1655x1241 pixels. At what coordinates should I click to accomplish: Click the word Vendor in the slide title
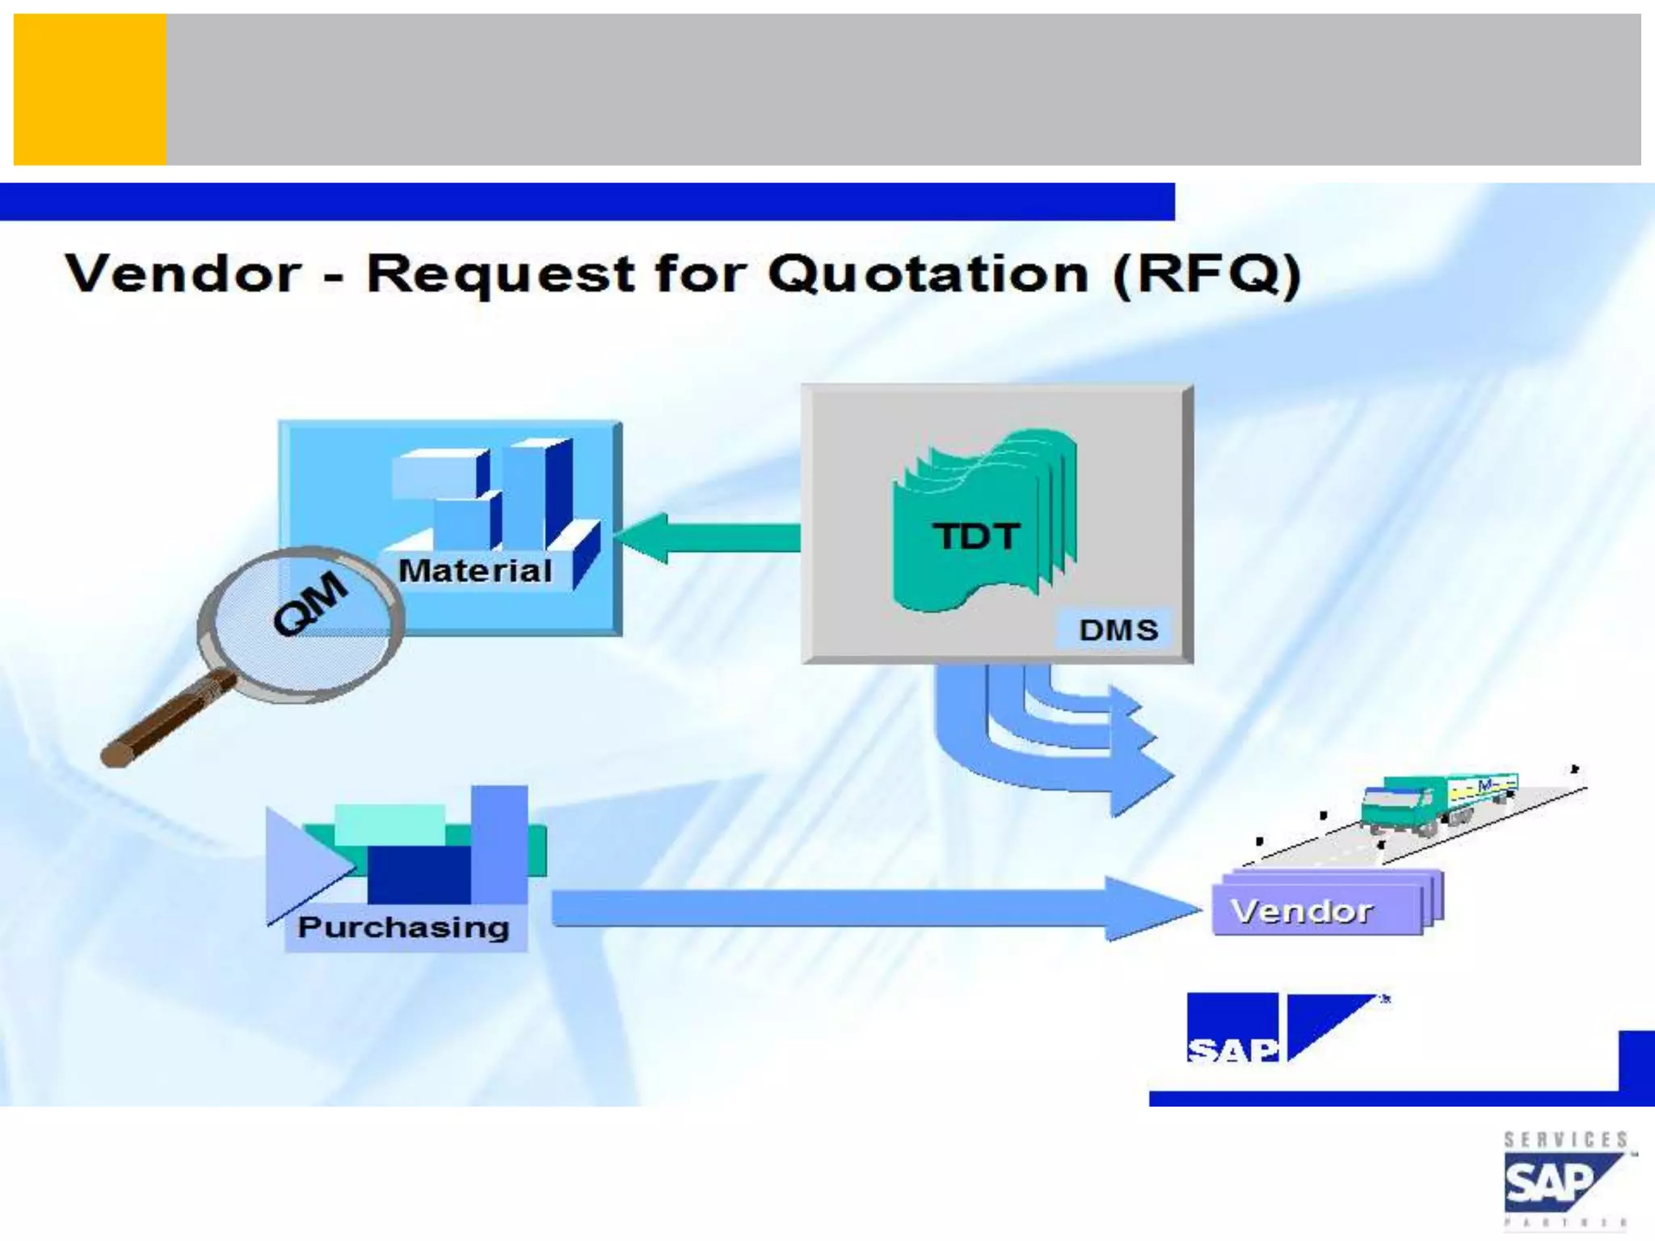tap(183, 275)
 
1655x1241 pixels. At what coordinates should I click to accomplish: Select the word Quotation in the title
tap(928, 275)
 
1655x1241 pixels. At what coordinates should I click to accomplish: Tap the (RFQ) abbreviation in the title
tap(1207, 275)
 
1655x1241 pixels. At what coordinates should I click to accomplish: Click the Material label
tap(475, 571)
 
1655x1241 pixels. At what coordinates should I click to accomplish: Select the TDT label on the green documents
tap(976, 536)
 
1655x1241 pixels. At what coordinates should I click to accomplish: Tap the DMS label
tap(1118, 629)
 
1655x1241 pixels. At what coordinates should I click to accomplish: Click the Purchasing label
tap(403, 928)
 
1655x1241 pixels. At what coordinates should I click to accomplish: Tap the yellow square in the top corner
tap(90, 90)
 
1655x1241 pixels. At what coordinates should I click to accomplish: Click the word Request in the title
tap(501, 275)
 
